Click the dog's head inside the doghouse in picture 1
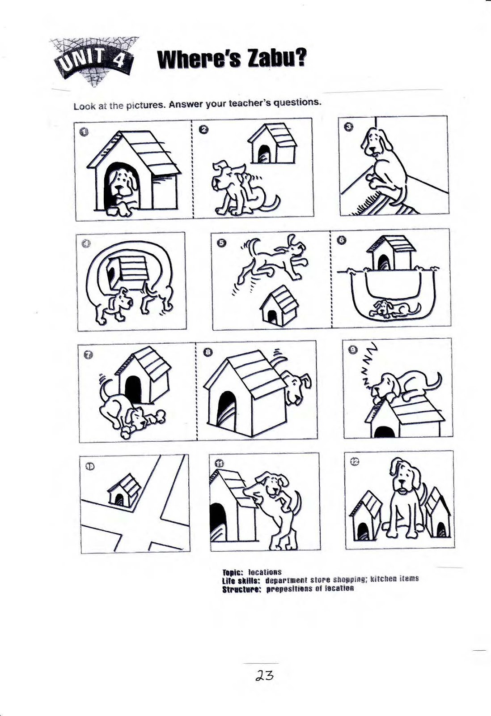click(x=123, y=183)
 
